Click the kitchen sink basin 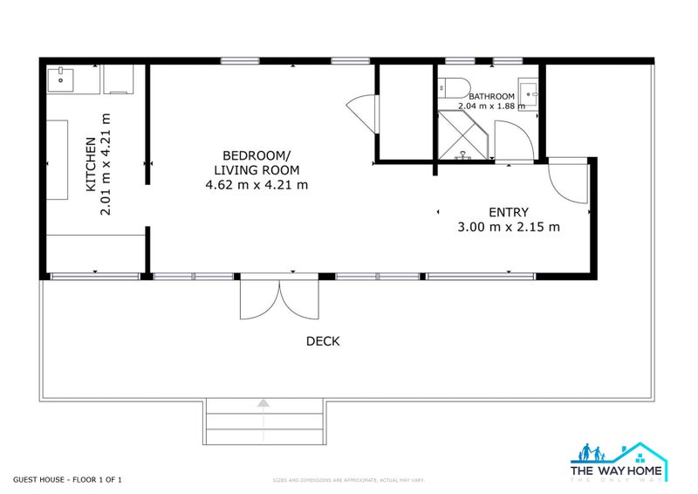[x=61, y=79]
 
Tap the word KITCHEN [x=90, y=164]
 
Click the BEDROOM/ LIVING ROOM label [x=256, y=161]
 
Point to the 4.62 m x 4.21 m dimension [x=256, y=184]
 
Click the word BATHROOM [x=495, y=96]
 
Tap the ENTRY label [x=508, y=212]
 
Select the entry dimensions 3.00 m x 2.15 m [x=508, y=227]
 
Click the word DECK [x=323, y=341]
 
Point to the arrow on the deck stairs [x=263, y=402]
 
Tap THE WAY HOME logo [x=619, y=463]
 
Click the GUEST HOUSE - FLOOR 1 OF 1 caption [x=72, y=479]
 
